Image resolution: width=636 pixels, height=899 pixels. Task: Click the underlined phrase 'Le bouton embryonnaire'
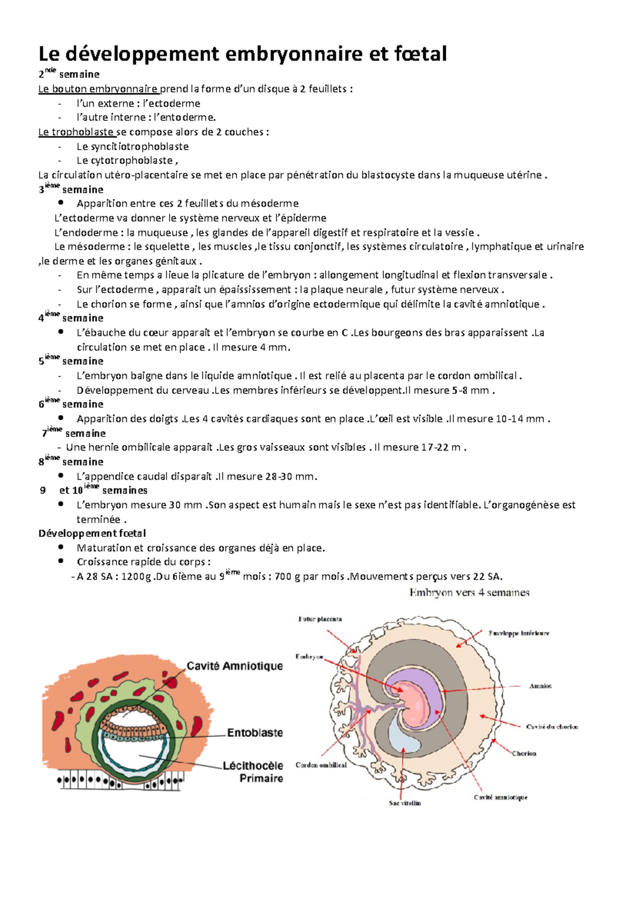point(98,89)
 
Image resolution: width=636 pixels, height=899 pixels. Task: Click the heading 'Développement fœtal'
point(92,533)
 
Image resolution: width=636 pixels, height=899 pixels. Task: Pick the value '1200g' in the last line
point(136,576)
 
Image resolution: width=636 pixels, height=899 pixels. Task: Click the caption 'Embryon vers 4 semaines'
point(469,593)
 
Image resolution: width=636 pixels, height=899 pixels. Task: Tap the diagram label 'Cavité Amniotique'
point(234,666)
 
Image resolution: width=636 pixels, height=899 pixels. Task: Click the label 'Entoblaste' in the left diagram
point(255,733)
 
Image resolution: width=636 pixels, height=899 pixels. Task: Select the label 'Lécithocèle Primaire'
point(253,772)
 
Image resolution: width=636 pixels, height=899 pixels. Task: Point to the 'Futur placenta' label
point(320,619)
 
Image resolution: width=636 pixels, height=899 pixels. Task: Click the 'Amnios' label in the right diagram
point(540,686)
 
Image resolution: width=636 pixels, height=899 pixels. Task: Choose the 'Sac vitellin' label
point(405,803)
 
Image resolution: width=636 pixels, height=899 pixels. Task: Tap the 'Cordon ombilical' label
point(321,765)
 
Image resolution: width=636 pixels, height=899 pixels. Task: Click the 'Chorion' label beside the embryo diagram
point(524,753)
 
